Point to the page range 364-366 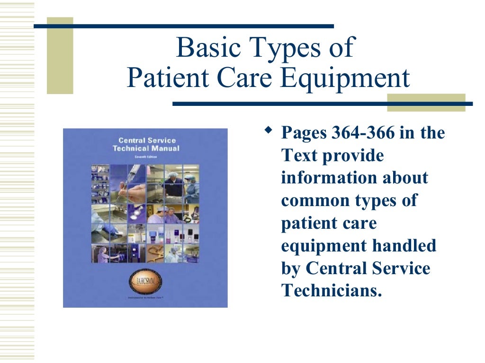[x=362, y=133]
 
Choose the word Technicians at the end [x=332, y=290]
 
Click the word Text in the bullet [x=299, y=156]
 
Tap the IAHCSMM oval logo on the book [x=145, y=282]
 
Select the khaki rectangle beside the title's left [x=60, y=56]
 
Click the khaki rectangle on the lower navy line [x=426, y=103]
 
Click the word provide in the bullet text [x=353, y=156]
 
